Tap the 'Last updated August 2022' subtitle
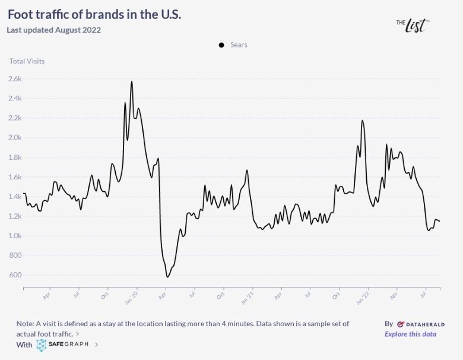click(54, 30)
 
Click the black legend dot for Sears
click(221, 45)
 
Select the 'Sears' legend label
click(239, 45)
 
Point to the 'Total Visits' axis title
click(27, 61)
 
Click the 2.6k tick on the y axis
click(15, 78)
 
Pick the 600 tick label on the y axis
click(15, 275)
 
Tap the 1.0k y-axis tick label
click(15, 236)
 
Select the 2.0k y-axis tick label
click(15, 137)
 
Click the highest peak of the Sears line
click(132, 81)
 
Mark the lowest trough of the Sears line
click(167, 277)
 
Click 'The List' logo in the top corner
click(413, 24)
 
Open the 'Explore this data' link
click(410, 334)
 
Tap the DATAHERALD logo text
click(420, 324)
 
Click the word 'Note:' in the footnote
click(26, 324)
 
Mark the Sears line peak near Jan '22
click(362, 121)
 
